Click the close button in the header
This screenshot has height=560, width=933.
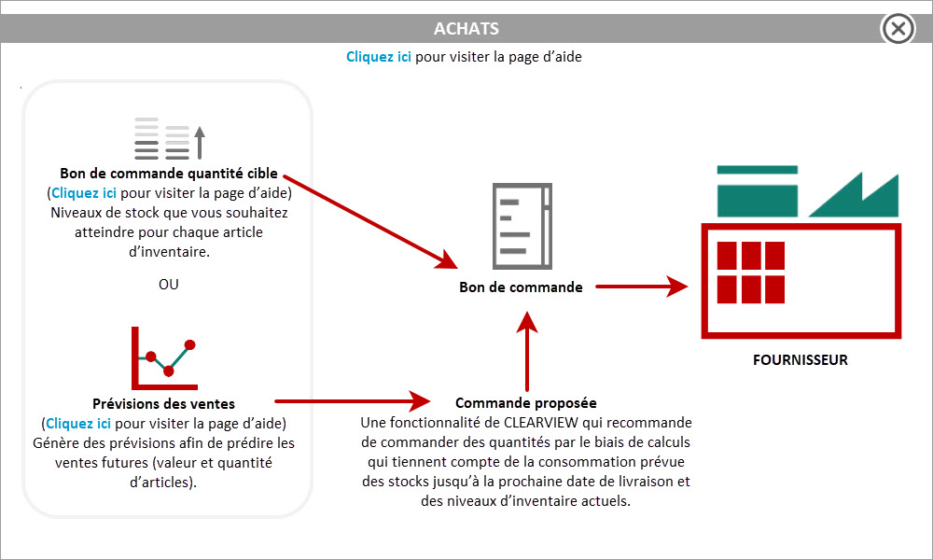click(898, 28)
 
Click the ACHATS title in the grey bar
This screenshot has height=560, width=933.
click(466, 29)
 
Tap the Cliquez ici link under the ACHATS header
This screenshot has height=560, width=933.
click(379, 57)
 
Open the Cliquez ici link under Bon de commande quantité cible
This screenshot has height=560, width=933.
click(84, 193)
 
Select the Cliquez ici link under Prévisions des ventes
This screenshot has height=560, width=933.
click(78, 423)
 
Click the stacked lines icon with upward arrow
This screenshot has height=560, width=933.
click(170, 139)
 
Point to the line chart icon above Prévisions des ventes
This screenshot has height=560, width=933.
click(164, 357)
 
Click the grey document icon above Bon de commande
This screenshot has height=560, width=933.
click(522, 226)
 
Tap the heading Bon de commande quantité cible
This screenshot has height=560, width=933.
click(169, 174)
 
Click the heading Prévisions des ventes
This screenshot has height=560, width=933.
click(163, 403)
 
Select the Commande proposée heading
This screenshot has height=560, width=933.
click(526, 403)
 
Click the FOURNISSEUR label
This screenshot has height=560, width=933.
click(801, 360)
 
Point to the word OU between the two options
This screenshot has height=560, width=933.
click(168, 285)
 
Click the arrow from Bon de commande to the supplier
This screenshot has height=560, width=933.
click(642, 287)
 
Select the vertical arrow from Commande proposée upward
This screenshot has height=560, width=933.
click(527, 351)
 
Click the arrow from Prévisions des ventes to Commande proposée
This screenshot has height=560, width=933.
click(353, 401)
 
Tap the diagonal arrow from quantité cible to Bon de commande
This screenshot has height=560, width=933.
click(370, 221)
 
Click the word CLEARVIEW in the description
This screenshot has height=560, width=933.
click(541, 423)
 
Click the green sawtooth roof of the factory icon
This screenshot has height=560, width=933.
click(854, 195)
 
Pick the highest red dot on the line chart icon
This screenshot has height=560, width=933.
click(189, 344)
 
